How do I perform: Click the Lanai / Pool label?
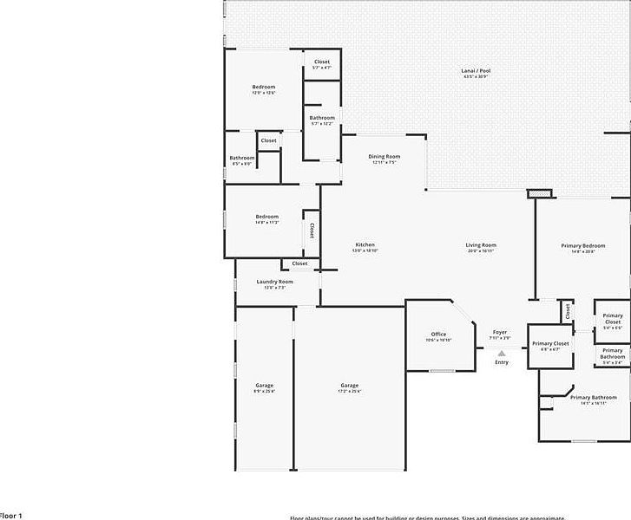pos(477,71)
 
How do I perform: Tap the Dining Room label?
pos(384,157)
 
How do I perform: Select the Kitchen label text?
pos(365,244)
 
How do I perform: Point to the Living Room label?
pos(480,245)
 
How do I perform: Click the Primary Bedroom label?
pos(582,245)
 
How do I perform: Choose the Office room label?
pos(438,334)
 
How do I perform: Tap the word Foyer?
pos(499,332)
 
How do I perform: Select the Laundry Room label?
pos(274,282)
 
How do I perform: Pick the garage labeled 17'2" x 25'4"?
pos(349,386)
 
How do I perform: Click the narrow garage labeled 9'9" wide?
pos(264,386)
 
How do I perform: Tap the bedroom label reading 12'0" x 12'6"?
pos(263,87)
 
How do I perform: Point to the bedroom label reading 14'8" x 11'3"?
pos(266,217)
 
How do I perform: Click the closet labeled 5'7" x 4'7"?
pos(321,62)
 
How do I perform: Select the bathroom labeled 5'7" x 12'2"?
pos(322,118)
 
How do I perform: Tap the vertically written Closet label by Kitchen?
pos(311,231)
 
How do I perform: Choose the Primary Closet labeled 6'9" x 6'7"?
pos(549,344)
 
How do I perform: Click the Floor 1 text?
pos(10,515)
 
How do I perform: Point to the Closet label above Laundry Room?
pos(299,263)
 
